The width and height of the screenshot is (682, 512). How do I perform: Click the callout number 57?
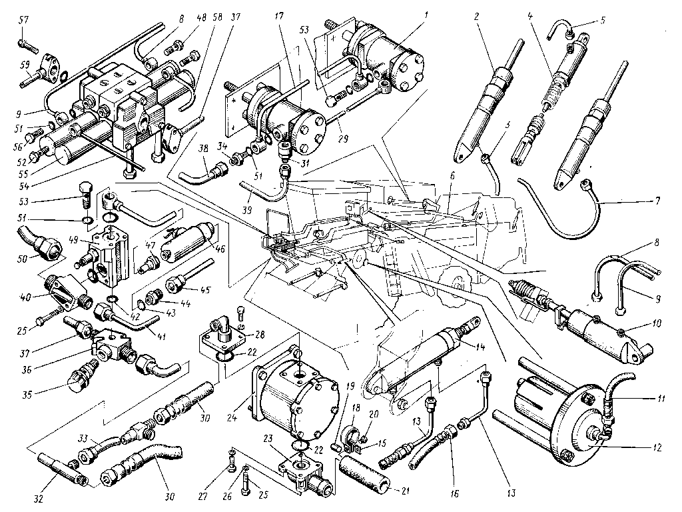point(23,22)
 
